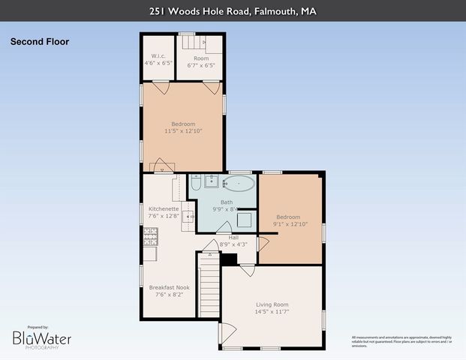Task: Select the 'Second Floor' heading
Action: pos(40,42)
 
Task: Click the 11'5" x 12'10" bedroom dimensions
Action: pos(182,130)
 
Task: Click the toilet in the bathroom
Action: pos(195,183)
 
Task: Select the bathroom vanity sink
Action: pos(212,181)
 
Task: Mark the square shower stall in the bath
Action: pos(245,220)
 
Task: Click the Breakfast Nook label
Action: pos(169,287)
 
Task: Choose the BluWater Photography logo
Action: pos(42,339)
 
